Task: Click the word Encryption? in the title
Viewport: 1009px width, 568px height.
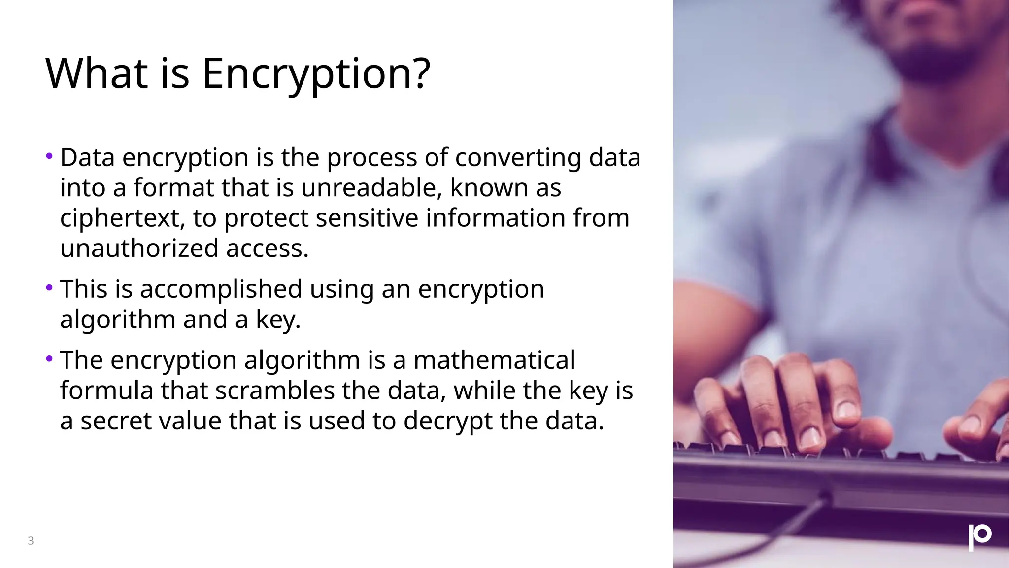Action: pos(316,74)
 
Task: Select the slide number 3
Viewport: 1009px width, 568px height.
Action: pos(31,541)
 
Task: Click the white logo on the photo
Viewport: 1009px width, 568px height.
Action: pos(979,537)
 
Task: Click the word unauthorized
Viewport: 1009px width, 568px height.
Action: pos(139,248)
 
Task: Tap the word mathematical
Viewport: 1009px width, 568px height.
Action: pos(494,360)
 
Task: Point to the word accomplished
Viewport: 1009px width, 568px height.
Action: pos(221,289)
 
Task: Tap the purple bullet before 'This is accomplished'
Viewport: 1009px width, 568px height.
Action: pos(49,287)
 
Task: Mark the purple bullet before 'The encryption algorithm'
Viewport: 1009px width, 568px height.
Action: pos(49,359)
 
